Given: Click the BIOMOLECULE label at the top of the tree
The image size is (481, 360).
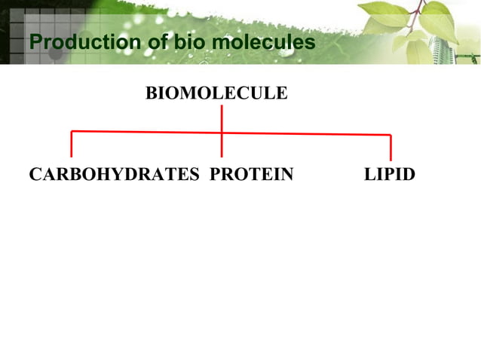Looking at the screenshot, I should tap(216, 93).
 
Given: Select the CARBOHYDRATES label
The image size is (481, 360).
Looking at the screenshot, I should tap(114, 175).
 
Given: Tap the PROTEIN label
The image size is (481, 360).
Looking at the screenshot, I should tap(251, 175).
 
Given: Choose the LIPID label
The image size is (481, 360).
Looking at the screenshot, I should tap(389, 175).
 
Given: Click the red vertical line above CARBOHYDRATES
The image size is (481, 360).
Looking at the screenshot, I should tap(71, 145).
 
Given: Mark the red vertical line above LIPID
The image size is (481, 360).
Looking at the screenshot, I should tap(391, 148).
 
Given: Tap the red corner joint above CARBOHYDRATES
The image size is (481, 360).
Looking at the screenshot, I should tap(72, 133).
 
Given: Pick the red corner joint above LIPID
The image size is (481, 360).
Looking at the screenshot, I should tap(391, 136).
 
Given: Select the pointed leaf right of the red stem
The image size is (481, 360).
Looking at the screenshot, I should tap(435, 20).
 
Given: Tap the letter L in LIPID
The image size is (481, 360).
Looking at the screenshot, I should tap(369, 175).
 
